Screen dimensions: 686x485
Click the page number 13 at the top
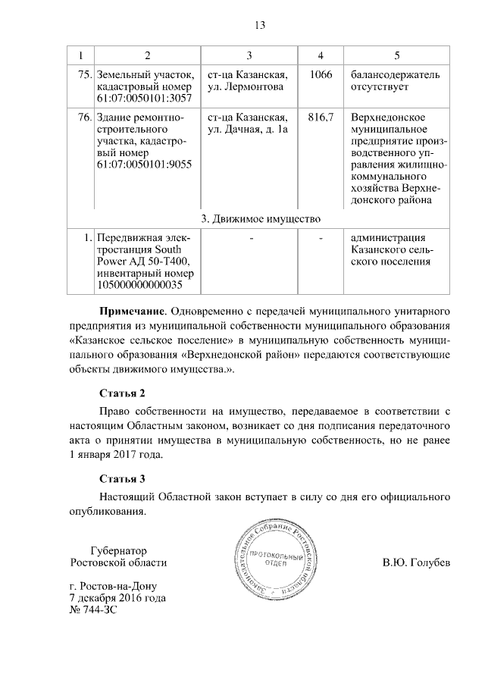point(259,26)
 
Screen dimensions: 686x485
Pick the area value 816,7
point(321,117)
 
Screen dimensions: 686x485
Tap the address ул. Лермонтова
point(244,87)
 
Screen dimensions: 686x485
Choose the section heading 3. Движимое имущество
point(259,219)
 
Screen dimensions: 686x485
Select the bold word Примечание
point(133,311)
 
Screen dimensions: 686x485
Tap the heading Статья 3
point(122,478)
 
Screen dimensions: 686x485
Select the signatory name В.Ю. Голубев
point(417,563)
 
